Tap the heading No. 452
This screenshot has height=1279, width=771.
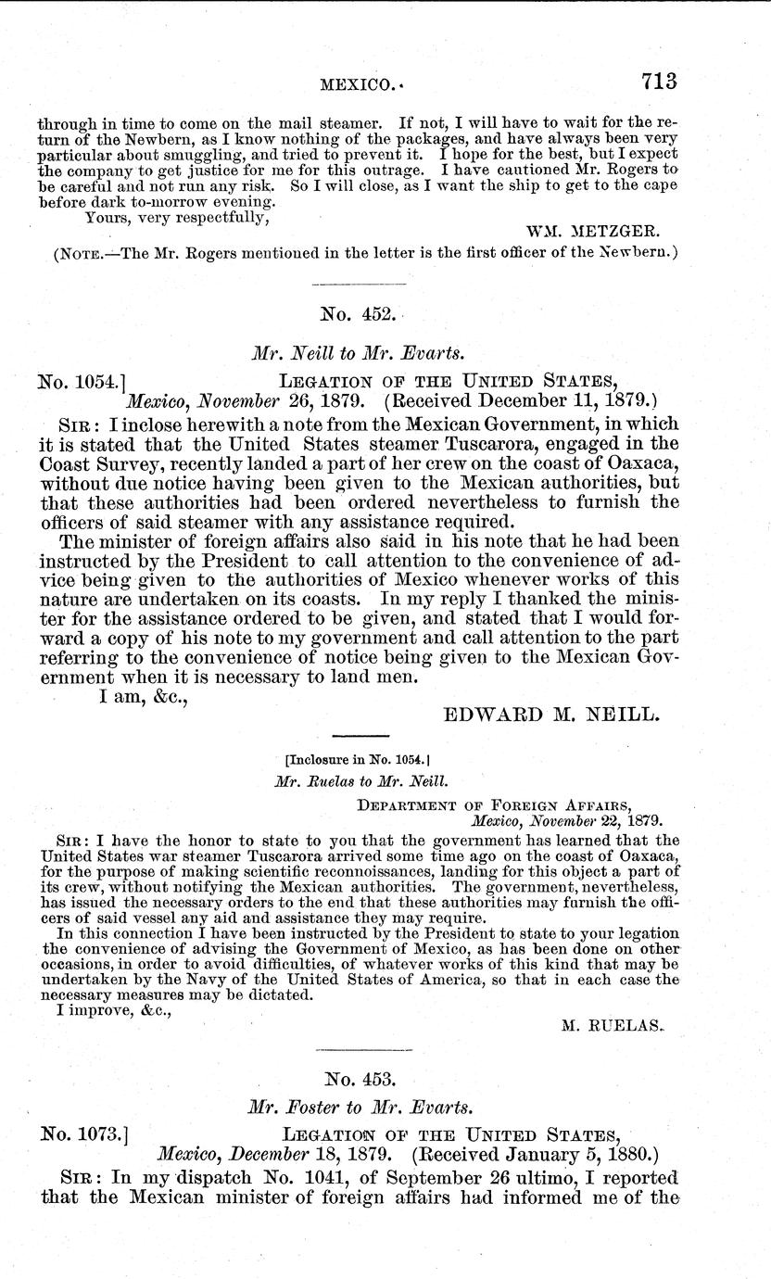[360, 315]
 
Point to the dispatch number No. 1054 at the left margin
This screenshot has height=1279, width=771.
[82, 380]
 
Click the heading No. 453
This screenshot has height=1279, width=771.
[360, 1079]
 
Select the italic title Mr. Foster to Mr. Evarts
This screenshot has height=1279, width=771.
[360, 1107]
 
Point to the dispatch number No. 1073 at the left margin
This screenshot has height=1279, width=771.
[82, 1134]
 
